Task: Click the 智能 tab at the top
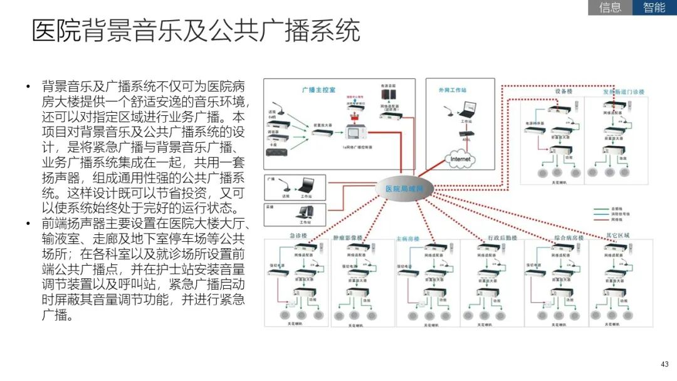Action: point(654,8)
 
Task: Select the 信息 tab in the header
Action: point(610,8)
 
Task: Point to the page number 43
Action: point(665,364)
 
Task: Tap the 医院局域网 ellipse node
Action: point(403,187)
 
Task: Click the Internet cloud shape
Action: point(461,159)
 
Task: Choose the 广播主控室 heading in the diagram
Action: point(318,90)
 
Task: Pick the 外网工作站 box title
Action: point(452,90)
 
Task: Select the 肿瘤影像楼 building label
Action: point(348,237)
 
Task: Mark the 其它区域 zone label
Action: point(617,236)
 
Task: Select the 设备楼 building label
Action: point(564,91)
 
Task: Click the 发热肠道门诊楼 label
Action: point(624,91)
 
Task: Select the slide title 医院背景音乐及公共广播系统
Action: point(196,31)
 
